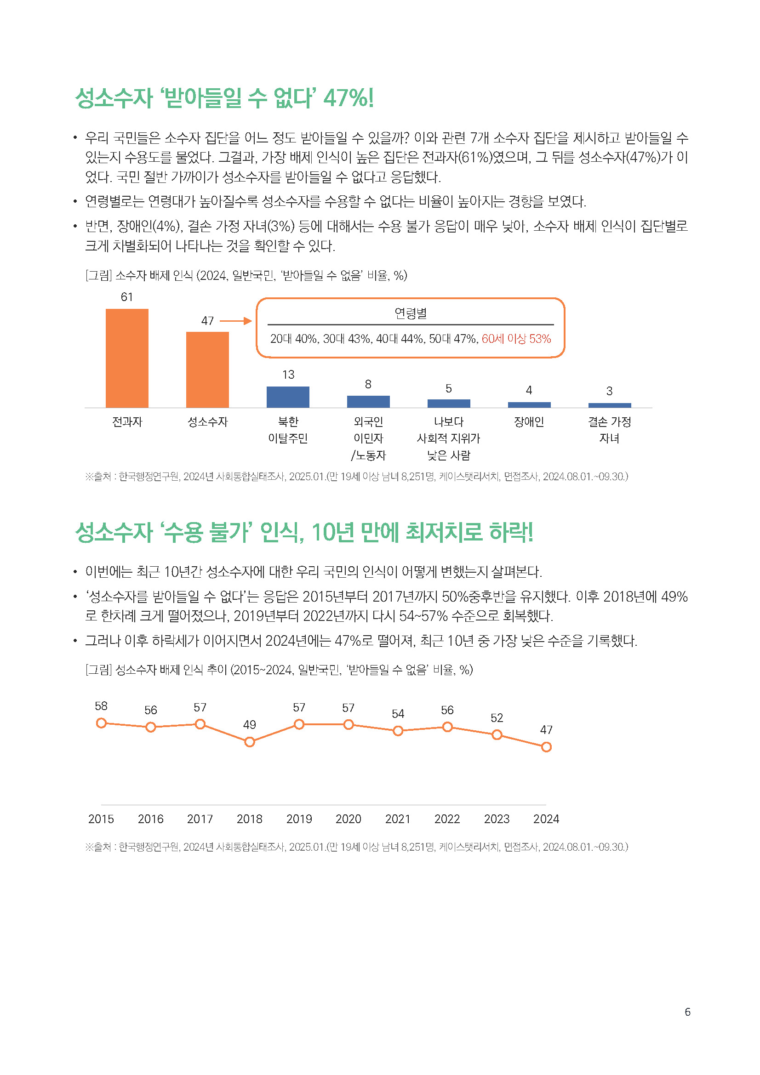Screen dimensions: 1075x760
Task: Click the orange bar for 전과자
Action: point(127,358)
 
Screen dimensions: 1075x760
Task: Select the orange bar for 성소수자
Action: point(207,370)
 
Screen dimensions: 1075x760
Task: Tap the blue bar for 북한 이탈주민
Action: point(288,397)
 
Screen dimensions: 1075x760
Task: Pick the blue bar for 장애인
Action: point(529,404)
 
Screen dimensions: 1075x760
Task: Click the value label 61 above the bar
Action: point(127,297)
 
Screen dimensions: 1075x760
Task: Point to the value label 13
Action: point(288,375)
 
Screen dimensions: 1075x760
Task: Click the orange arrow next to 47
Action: point(235,321)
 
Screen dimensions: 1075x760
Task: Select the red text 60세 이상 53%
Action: point(516,339)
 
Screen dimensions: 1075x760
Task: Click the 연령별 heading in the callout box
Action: point(410,313)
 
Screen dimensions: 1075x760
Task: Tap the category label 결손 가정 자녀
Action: point(609,429)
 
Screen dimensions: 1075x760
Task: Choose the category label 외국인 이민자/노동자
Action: point(368,438)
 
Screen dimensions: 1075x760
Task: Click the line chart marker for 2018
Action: point(250,742)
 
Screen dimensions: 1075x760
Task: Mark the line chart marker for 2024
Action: point(546,747)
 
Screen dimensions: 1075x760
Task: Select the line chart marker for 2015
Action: point(101,723)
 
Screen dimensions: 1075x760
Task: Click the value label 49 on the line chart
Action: point(250,725)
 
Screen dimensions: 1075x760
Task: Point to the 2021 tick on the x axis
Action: point(398,819)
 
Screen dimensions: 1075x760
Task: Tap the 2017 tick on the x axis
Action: point(200,819)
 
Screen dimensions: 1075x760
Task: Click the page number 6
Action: point(687,1012)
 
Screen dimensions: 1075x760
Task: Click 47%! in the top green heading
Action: point(349,98)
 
